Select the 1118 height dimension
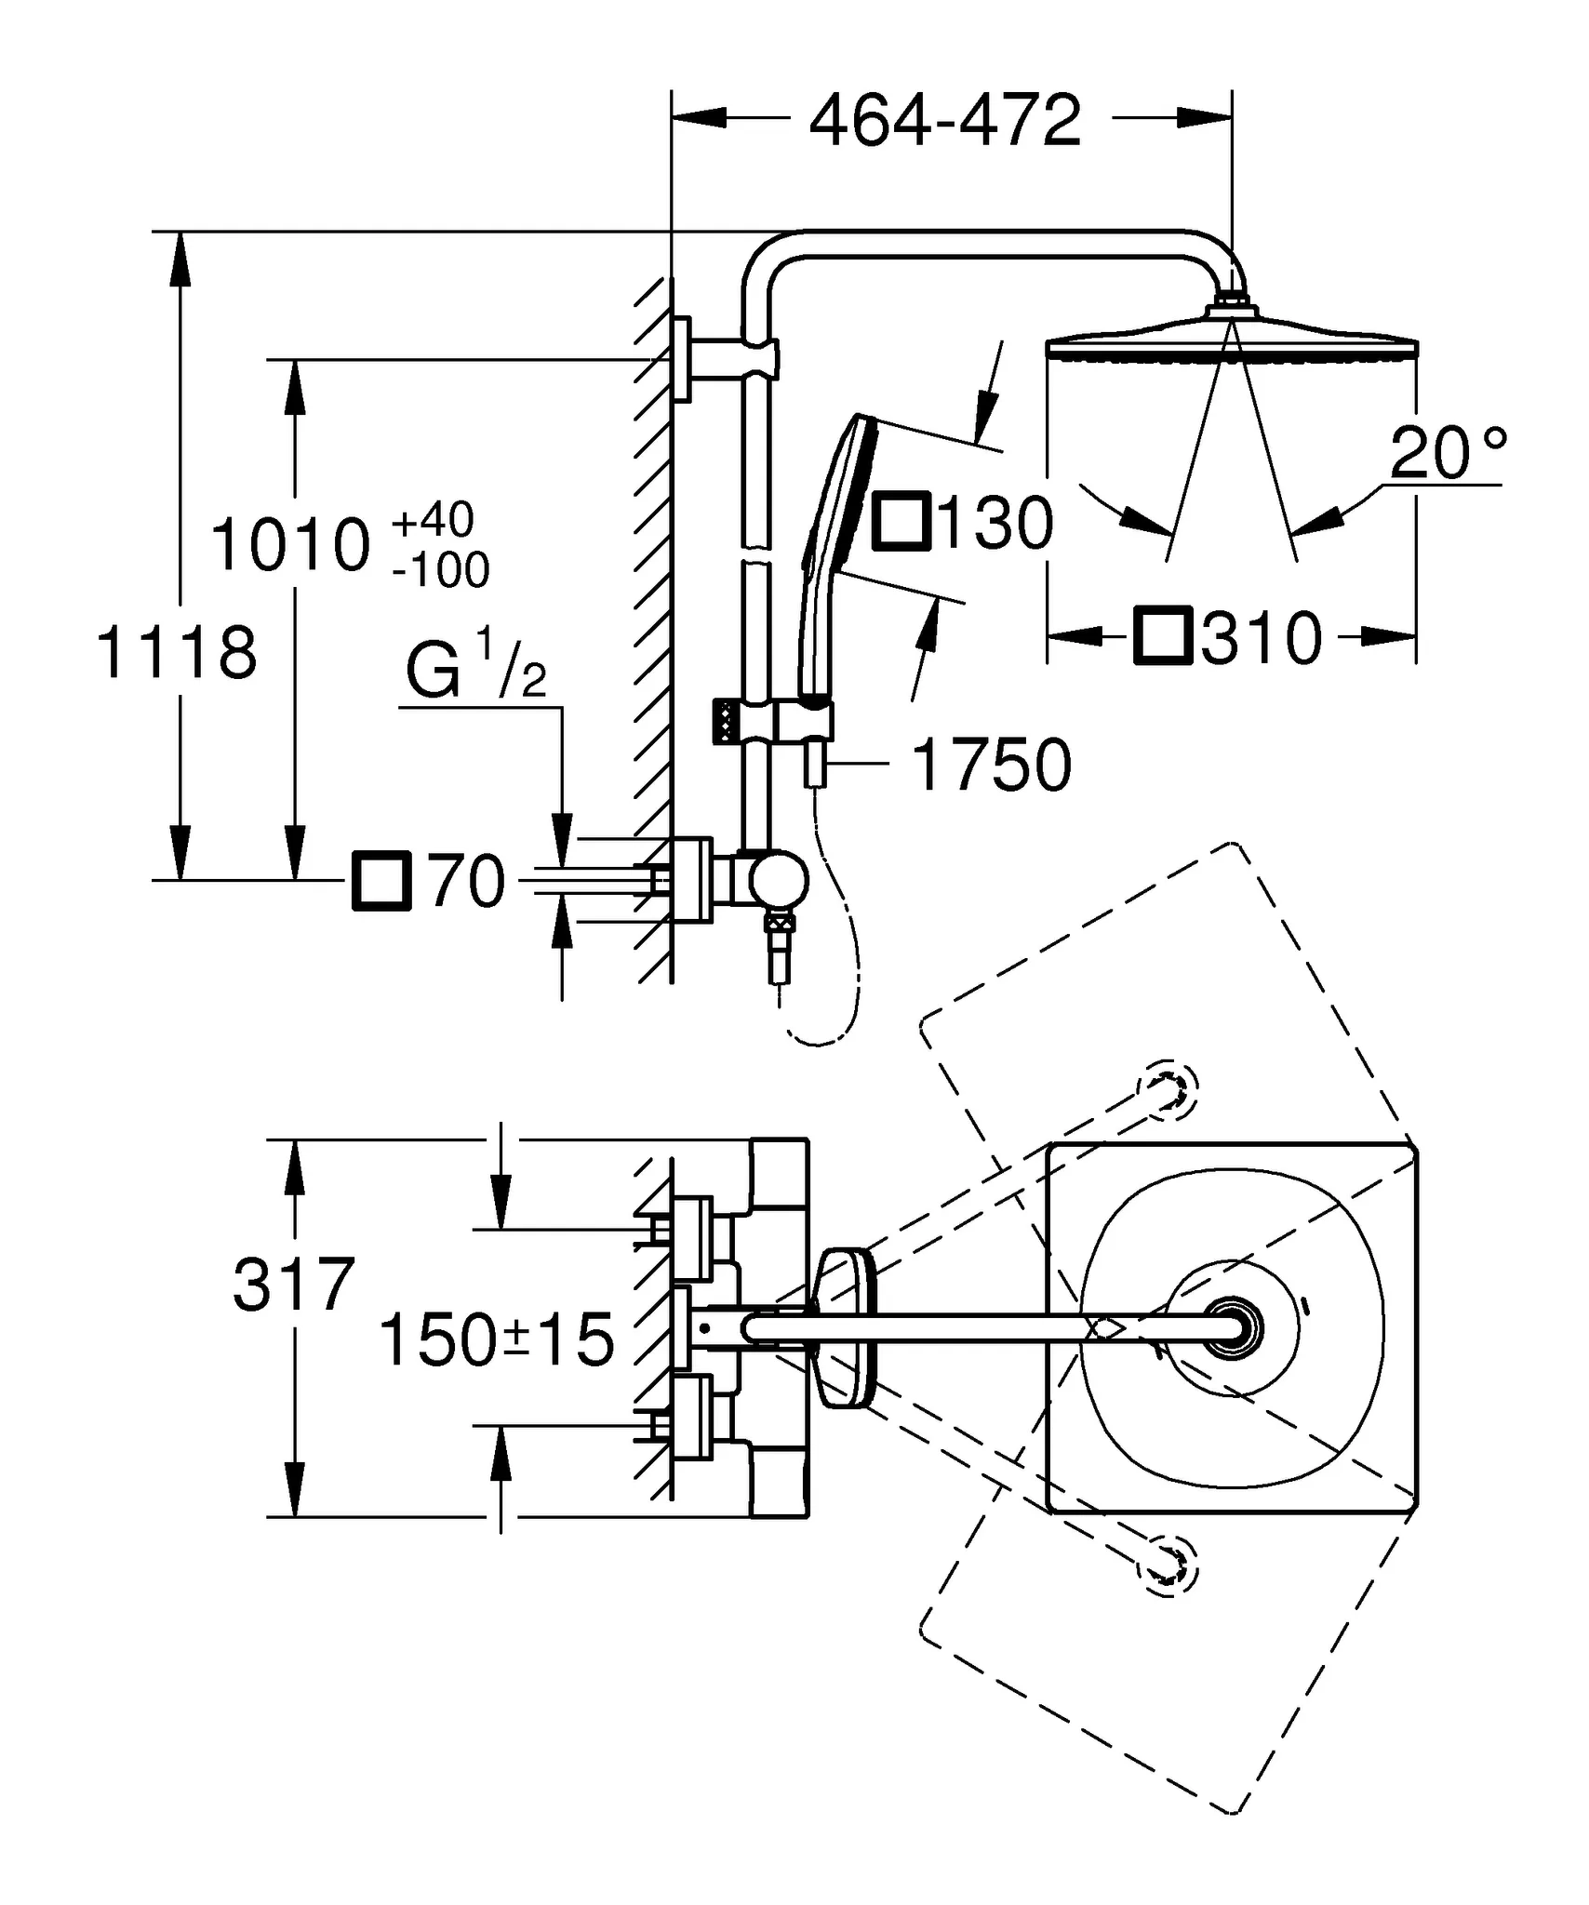click(x=177, y=653)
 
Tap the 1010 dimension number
click(x=290, y=546)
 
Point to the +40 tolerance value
click(x=433, y=520)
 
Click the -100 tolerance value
click(x=440, y=570)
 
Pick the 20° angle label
click(x=1447, y=453)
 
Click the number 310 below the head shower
click(x=1262, y=639)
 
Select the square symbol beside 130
click(x=901, y=522)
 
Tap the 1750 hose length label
click(x=992, y=766)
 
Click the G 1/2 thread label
click(x=475, y=665)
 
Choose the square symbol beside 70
click(x=381, y=880)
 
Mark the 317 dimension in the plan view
click(x=294, y=1286)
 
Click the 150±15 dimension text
click(x=497, y=1340)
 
